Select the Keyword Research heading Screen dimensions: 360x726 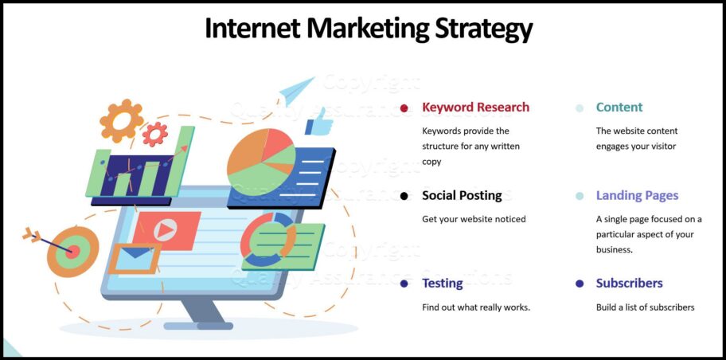click(x=475, y=108)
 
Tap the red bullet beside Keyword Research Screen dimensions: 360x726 click(x=404, y=108)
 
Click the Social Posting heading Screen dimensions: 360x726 click(x=462, y=195)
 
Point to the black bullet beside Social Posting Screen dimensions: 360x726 click(x=404, y=196)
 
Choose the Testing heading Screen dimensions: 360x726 click(x=442, y=283)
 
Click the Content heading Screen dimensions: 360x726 click(x=619, y=108)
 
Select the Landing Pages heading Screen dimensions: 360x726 click(x=637, y=195)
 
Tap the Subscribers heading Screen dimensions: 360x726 click(x=629, y=283)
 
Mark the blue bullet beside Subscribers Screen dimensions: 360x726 click(x=580, y=284)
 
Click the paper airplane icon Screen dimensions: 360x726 click(x=298, y=89)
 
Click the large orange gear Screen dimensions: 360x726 click(x=122, y=121)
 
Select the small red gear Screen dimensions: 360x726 click(x=154, y=134)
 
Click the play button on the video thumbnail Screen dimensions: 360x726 click(x=165, y=230)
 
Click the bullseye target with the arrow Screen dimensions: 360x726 click(x=70, y=250)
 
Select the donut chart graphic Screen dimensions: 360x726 click(x=267, y=239)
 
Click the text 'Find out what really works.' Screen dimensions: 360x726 click(x=475, y=307)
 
